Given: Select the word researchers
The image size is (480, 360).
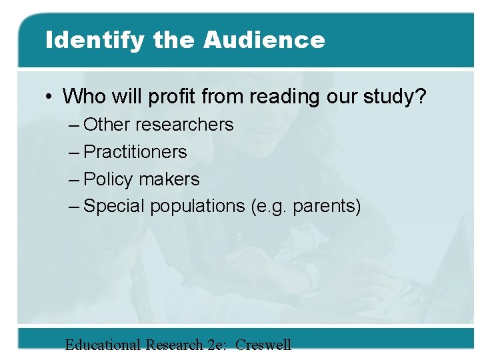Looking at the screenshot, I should click(x=186, y=125).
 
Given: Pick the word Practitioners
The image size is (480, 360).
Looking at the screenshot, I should click(x=135, y=152).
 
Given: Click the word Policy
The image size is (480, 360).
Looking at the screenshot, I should click(x=109, y=179).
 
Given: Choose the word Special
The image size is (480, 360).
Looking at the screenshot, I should click(x=115, y=207).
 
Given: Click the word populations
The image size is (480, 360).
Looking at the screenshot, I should click(x=197, y=207).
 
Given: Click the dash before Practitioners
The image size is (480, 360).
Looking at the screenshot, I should click(x=75, y=152).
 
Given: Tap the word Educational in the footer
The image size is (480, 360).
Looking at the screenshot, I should click(x=103, y=345).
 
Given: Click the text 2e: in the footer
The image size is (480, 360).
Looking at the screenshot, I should click(x=215, y=345).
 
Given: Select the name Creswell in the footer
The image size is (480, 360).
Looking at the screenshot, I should click(x=263, y=345).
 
